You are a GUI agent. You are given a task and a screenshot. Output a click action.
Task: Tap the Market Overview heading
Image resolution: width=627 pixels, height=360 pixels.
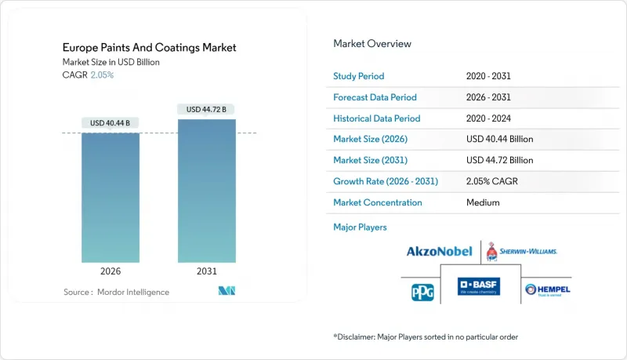(x=372, y=44)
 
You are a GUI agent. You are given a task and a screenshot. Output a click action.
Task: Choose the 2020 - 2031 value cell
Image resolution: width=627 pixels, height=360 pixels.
(x=488, y=77)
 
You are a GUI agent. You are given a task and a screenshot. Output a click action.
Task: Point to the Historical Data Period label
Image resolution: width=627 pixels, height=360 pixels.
(x=377, y=118)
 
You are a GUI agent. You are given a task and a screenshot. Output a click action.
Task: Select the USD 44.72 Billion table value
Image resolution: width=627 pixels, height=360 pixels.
(x=499, y=160)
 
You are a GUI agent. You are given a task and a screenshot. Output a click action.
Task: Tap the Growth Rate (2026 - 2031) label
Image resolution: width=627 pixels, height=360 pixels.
(x=386, y=181)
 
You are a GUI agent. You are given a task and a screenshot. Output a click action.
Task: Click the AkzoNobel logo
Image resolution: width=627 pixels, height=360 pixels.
(x=439, y=252)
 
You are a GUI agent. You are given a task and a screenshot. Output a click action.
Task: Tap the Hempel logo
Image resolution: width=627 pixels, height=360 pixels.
(x=547, y=290)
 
